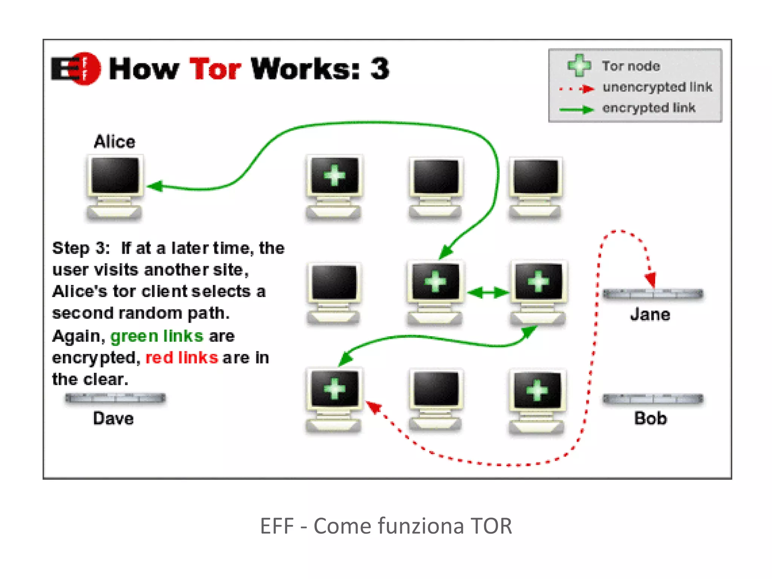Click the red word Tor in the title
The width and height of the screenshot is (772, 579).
pos(215,69)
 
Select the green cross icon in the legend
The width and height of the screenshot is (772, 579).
pos(579,65)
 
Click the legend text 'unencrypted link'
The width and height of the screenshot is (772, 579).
pos(657,87)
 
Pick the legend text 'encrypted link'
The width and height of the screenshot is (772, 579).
pos(648,108)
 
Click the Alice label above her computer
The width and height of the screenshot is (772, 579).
pos(114,142)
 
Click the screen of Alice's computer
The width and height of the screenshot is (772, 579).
pos(115,175)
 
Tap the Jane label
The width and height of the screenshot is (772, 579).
pos(650,314)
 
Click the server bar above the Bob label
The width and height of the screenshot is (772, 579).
pos(653,399)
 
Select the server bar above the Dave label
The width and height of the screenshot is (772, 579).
pos(115,398)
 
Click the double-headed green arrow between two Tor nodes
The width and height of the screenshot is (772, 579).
pos(488,292)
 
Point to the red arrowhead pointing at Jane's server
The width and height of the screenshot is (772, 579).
pos(651,280)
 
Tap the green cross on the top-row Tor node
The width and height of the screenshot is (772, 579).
pos(334,175)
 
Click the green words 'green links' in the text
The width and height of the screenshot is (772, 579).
pos(156,336)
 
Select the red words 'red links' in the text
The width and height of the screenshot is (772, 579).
pos(181,357)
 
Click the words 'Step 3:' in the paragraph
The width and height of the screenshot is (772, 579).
pos(81,248)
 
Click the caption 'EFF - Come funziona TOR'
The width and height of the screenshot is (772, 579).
pos(386,526)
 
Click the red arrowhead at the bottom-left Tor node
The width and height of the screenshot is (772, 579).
pos(374,407)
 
